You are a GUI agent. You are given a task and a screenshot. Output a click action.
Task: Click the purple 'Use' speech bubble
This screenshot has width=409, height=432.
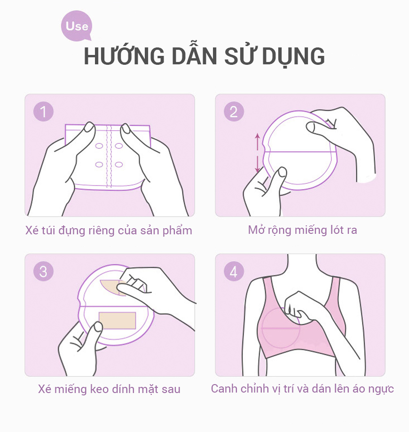77,26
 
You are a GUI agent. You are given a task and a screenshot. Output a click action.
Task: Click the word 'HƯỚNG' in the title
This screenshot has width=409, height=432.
124,56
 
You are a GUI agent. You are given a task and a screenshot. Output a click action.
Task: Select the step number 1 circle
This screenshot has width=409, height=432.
43,112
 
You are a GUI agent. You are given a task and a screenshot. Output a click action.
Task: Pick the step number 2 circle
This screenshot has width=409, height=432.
234,112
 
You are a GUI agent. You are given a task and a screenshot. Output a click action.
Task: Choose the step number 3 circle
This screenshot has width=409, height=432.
43,271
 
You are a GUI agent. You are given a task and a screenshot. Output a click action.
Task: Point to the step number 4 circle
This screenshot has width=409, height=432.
234,271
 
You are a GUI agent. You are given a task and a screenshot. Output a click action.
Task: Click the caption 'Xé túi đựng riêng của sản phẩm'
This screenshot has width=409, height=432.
109,231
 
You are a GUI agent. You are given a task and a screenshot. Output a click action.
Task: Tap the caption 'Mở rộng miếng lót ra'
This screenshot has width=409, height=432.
302,230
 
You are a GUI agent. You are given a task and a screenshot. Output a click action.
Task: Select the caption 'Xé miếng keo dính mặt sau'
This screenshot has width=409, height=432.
109,389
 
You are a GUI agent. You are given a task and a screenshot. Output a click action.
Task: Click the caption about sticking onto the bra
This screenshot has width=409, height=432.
302,389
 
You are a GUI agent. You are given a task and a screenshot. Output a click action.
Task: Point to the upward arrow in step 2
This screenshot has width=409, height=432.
258,141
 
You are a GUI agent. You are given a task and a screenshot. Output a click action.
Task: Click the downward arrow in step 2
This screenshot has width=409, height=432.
258,164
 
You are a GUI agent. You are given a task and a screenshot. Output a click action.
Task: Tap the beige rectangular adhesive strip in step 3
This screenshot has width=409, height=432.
117,320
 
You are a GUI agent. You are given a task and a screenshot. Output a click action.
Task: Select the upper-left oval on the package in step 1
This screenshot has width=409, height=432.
99,146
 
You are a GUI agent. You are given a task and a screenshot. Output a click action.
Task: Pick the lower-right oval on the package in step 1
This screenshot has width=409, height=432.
119,164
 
